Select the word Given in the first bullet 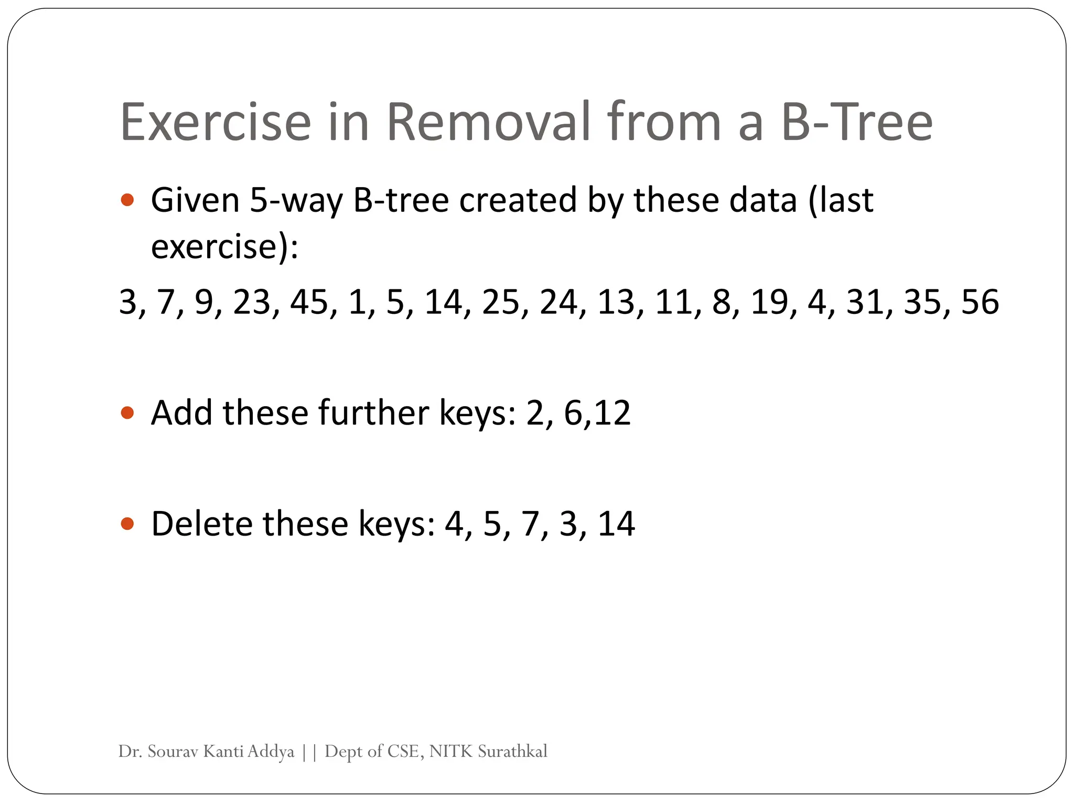coord(195,200)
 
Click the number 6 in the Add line coord(573,412)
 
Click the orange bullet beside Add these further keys coord(127,413)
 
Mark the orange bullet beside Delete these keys coord(127,523)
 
